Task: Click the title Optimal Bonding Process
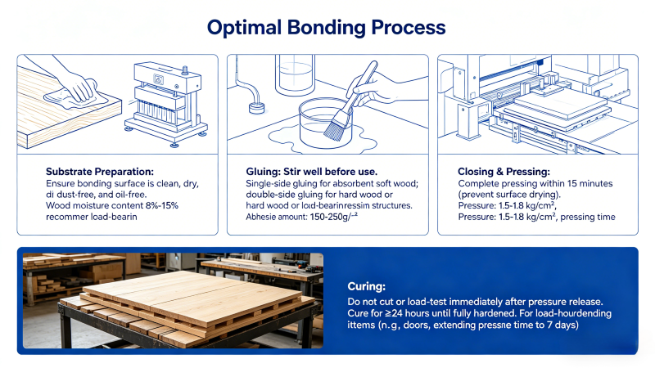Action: tap(327, 27)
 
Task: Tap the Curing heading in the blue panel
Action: tap(367, 287)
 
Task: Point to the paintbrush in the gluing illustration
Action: tap(344, 114)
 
